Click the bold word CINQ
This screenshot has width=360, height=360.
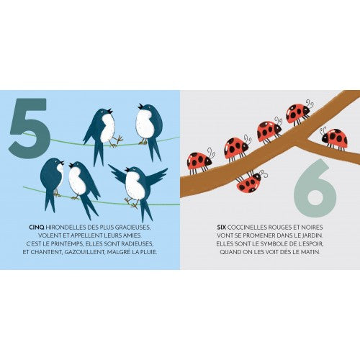point(36,227)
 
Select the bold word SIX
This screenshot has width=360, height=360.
point(222,227)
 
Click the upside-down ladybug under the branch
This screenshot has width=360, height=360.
point(251,181)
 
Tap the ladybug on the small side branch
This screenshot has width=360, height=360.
point(334,138)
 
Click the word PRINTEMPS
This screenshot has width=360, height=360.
point(65,243)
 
